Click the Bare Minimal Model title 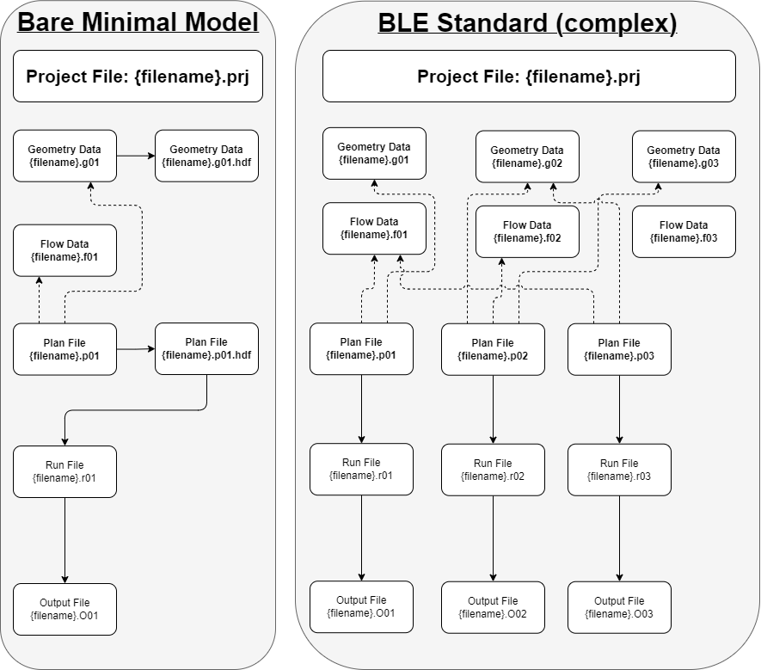tap(138, 22)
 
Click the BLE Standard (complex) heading tap(528, 23)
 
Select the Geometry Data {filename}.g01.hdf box tap(206, 156)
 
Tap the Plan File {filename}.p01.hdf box tap(206, 348)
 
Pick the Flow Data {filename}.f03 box tap(684, 231)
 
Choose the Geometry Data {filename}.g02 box tap(527, 157)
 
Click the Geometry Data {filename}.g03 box tap(684, 157)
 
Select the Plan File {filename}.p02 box tap(493, 349)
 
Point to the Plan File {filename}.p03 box tap(619, 349)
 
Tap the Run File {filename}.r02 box tap(493, 470)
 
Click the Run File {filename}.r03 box tap(619, 470)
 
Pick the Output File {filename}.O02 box tap(493, 607)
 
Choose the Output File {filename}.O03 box tap(619, 607)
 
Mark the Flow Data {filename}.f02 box tap(527, 231)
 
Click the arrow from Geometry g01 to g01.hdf tap(136, 156)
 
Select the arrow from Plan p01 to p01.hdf tap(136, 349)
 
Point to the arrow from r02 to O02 tap(493, 538)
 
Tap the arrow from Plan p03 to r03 tap(619, 409)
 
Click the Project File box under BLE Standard tap(529, 77)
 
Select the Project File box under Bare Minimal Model tap(138, 77)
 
